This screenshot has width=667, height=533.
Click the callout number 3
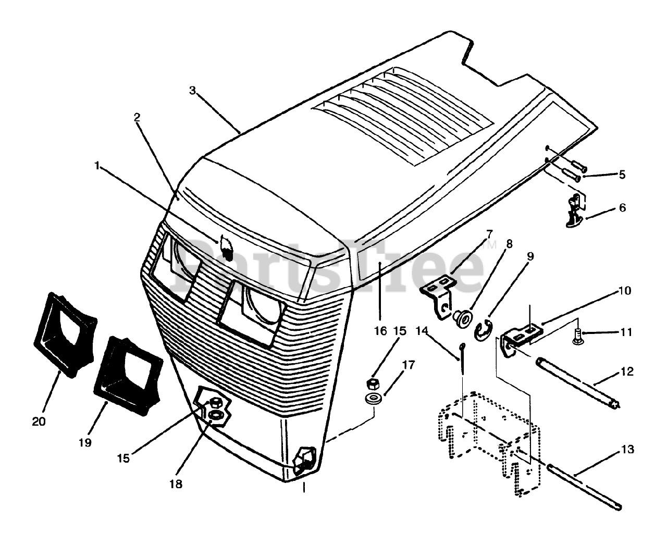(x=192, y=91)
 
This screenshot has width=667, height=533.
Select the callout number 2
(x=137, y=117)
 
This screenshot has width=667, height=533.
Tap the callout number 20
(x=39, y=421)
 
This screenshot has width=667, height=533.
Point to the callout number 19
(x=85, y=442)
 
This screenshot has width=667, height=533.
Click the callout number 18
(x=176, y=484)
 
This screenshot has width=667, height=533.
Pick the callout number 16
(x=380, y=330)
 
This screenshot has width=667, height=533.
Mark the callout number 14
(x=422, y=330)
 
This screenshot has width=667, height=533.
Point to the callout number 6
(x=622, y=208)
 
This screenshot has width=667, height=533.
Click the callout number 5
(x=622, y=175)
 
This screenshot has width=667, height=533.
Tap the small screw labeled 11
(x=577, y=336)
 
